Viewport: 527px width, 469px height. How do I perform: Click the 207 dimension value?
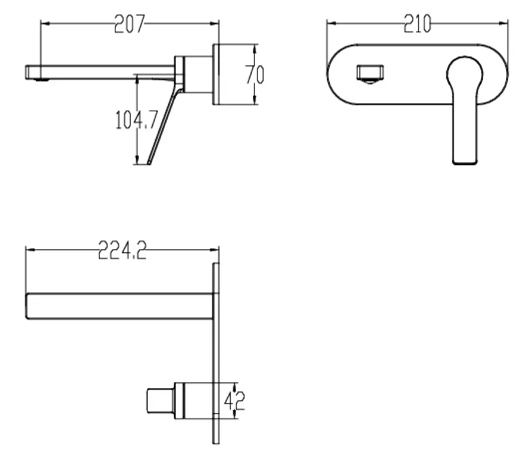click(x=129, y=24)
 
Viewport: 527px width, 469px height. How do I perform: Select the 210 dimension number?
click(x=417, y=24)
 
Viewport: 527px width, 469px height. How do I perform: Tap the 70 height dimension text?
click(x=255, y=74)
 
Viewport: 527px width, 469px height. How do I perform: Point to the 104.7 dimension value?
click(x=136, y=119)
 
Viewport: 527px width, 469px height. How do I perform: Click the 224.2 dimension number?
click(x=122, y=250)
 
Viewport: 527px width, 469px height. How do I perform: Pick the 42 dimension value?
click(x=235, y=400)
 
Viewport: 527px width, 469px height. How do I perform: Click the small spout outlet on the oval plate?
click(x=370, y=74)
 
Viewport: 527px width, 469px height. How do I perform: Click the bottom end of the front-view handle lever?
click(x=465, y=163)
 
